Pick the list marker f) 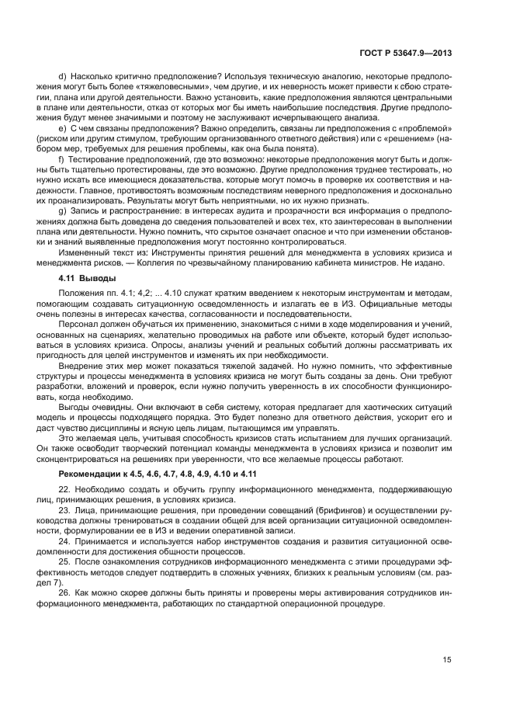point(61,158)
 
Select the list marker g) point(62,209)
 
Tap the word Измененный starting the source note point(83,250)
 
